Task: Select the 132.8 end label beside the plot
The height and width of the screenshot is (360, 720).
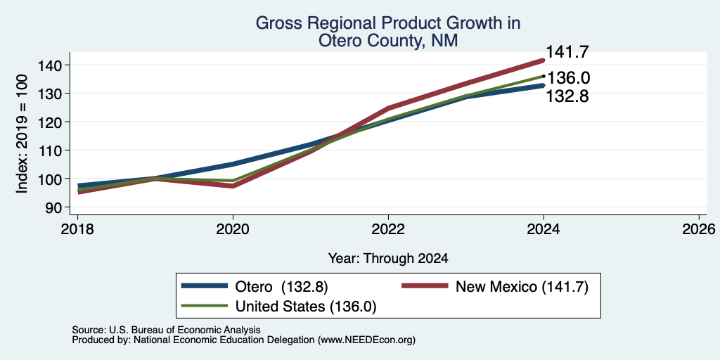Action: (x=567, y=96)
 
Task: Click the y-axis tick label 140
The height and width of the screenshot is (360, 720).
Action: (x=51, y=65)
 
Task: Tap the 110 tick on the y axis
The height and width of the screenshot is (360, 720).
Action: (x=51, y=150)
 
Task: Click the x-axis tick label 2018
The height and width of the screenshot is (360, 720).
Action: (x=77, y=229)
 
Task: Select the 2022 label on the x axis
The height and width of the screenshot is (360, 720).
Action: (x=388, y=229)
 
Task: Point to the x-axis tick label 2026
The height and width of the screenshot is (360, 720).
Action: (x=699, y=229)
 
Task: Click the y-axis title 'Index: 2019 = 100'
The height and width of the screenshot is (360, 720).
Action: (x=22, y=134)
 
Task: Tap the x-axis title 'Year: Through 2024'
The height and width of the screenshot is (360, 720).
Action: (x=388, y=259)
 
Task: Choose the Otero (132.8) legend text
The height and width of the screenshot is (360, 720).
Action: (x=281, y=287)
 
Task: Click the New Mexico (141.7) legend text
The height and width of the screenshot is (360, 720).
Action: (x=522, y=287)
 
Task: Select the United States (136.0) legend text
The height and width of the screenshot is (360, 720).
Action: (x=306, y=307)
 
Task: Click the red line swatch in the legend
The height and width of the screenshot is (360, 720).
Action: (x=425, y=286)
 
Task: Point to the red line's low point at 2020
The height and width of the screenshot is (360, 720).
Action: (x=233, y=186)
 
